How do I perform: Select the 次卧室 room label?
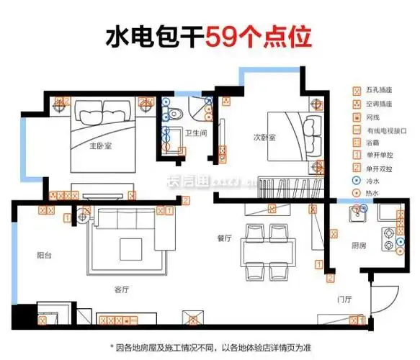[x=264, y=136]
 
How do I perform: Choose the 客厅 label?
[x=121, y=289]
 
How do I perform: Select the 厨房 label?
[x=358, y=246]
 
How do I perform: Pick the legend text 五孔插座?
[x=380, y=91]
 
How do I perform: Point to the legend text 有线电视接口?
[x=386, y=130]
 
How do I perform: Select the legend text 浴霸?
[x=374, y=143]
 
